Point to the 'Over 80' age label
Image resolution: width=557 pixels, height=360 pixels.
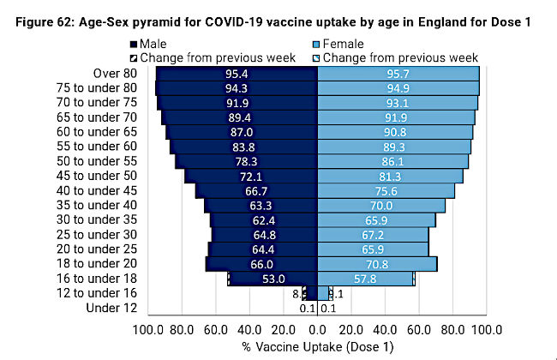(102, 74)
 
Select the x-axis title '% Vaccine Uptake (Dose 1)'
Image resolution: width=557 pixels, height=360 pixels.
(318, 346)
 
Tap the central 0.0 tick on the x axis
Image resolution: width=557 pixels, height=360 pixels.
(318, 328)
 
